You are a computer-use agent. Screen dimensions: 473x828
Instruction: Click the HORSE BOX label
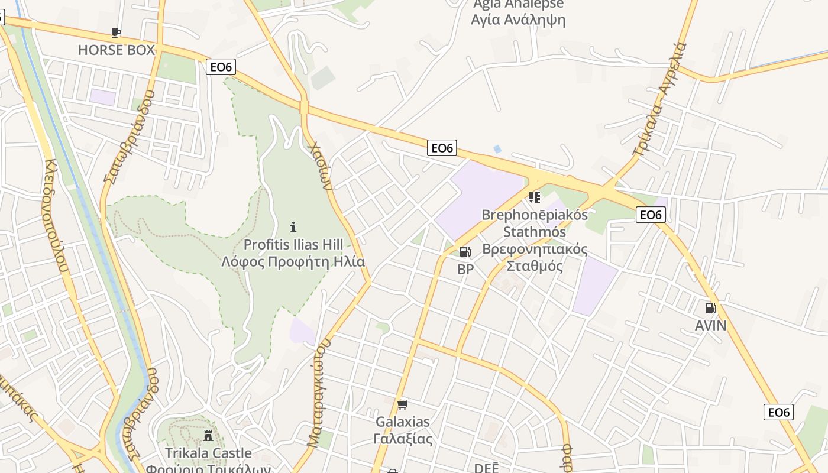click(x=116, y=50)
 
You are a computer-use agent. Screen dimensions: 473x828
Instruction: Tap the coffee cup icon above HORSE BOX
click(x=116, y=33)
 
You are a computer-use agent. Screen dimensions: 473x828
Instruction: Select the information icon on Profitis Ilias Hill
click(x=293, y=226)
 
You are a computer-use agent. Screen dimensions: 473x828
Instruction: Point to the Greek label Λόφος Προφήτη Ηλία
click(x=293, y=261)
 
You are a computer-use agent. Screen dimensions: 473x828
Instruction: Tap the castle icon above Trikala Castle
click(x=208, y=436)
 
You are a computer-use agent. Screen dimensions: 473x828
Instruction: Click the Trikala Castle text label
click(x=208, y=453)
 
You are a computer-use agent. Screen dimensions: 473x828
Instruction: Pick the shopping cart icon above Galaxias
click(x=403, y=404)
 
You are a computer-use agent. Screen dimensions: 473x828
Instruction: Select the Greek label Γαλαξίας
click(x=403, y=439)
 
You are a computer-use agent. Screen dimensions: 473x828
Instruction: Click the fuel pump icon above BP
click(x=465, y=252)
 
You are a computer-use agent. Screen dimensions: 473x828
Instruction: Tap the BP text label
click(x=465, y=270)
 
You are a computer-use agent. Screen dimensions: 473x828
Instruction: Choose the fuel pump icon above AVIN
click(x=710, y=307)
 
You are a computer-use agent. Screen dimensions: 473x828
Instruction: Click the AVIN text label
click(x=710, y=325)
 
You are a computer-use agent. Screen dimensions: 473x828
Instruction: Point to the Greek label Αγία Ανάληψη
click(x=518, y=20)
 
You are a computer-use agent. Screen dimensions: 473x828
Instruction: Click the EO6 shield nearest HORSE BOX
click(x=221, y=67)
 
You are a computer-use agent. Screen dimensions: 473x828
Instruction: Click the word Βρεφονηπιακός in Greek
click(x=535, y=249)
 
